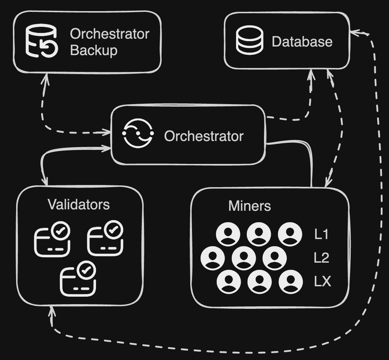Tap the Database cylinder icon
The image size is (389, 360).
250,40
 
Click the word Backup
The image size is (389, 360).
93,50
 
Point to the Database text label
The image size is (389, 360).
302,42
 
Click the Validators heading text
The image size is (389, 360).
78,204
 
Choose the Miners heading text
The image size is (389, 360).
249,206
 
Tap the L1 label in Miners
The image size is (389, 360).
321,234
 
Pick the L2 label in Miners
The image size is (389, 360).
321,258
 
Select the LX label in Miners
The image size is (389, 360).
322,282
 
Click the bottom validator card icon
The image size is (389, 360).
78,279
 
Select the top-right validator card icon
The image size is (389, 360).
106,238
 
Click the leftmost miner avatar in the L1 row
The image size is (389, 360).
228,234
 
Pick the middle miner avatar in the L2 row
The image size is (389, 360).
244,258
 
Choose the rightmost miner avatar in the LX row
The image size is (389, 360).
290,282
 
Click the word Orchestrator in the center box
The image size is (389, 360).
203,136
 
